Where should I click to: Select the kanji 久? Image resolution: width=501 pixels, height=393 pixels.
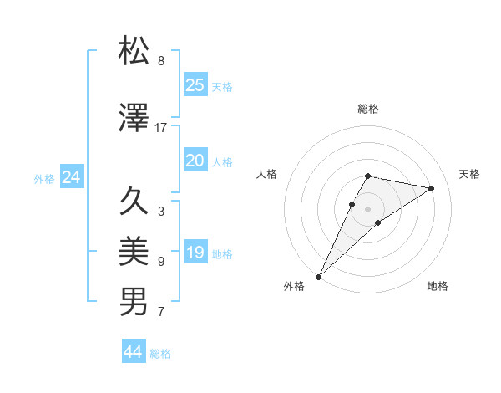coord(134,202)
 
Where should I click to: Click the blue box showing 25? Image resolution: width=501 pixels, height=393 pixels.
coord(195,85)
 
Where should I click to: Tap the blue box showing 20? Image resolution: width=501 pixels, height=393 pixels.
coord(195,161)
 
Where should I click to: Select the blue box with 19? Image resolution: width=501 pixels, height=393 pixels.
coord(195,253)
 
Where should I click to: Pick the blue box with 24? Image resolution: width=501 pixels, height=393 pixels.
coord(71,177)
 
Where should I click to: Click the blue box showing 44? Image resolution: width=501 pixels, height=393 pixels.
coord(134,352)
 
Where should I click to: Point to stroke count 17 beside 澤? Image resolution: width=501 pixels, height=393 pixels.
coord(161,128)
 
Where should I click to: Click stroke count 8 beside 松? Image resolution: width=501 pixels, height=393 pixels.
coord(161,61)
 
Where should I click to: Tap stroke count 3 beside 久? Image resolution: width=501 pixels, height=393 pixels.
coord(161,212)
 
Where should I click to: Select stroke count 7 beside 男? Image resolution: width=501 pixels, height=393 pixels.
coord(161,312)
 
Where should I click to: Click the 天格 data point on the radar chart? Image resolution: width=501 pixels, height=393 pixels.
coord(432,188)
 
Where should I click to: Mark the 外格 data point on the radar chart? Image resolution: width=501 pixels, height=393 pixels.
coord(318,276)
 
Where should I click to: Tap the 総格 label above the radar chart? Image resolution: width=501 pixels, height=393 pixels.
coord(368,109)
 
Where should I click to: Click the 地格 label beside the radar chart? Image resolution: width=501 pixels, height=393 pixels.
coord(438,286)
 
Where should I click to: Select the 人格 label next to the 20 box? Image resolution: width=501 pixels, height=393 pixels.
coord(222,161)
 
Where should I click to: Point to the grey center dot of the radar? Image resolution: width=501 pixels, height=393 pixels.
coord(368,208)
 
